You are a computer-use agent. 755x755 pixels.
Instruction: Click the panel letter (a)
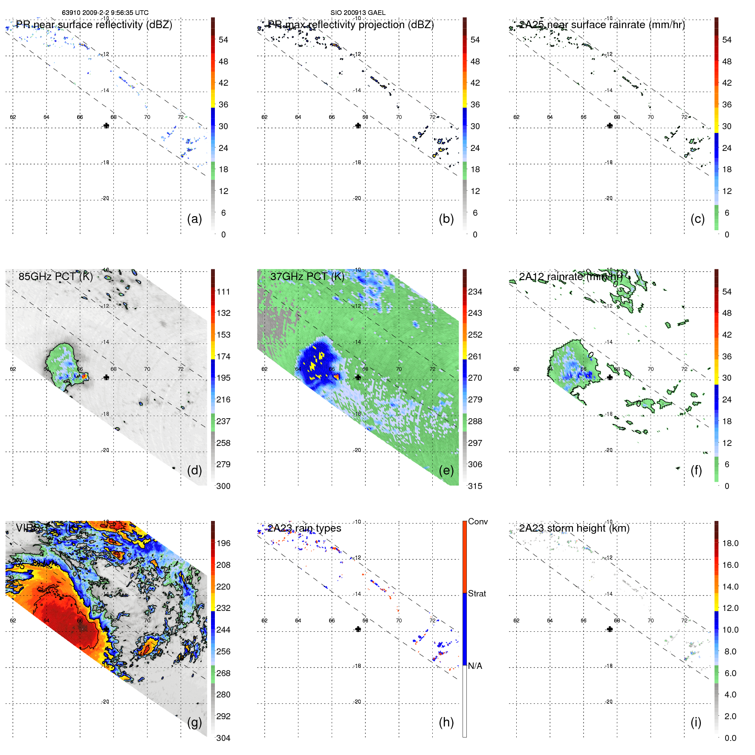click(194, 219)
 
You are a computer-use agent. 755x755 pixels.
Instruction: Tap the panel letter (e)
click(446, 470)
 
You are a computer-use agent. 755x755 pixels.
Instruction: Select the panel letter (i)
click(696, 722)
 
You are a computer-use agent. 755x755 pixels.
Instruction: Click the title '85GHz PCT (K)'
click(55, 276)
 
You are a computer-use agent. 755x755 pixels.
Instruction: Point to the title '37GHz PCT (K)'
click(307, 276)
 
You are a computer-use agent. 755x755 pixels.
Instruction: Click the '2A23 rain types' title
click(304, 528)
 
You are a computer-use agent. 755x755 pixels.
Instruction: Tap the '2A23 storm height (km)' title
click(574, 528)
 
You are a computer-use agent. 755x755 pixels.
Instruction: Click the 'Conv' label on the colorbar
click(477, 521)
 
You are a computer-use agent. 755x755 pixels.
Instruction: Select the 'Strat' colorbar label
click(477, 593)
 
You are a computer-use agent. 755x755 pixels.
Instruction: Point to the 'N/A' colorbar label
click(475, 666)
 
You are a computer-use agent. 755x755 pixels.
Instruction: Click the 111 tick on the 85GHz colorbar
click(223, 292)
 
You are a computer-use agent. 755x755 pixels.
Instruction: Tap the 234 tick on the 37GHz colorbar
click(475, 292)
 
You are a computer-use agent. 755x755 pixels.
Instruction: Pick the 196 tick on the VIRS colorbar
click(223, 543)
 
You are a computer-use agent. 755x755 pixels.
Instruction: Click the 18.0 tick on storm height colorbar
click(730, 543)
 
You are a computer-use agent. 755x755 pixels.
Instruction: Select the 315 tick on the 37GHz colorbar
click(475, 486)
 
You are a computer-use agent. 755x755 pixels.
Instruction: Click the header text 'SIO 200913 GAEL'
click(358, 13)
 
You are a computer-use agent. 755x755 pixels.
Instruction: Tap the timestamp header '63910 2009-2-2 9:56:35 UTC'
click(105, 13)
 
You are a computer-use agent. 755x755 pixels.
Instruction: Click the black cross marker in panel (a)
click(106, 125)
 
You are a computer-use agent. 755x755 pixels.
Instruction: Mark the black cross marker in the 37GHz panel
click(358, 377)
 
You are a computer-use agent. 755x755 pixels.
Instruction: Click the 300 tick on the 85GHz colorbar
click(223, 486)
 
